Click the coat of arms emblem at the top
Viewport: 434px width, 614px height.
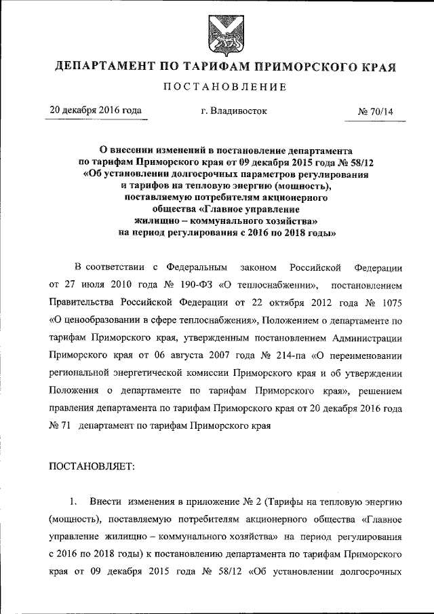coord(217,33)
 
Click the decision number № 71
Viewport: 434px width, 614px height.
coord(59,427)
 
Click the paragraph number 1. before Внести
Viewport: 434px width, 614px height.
coord(74,502)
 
